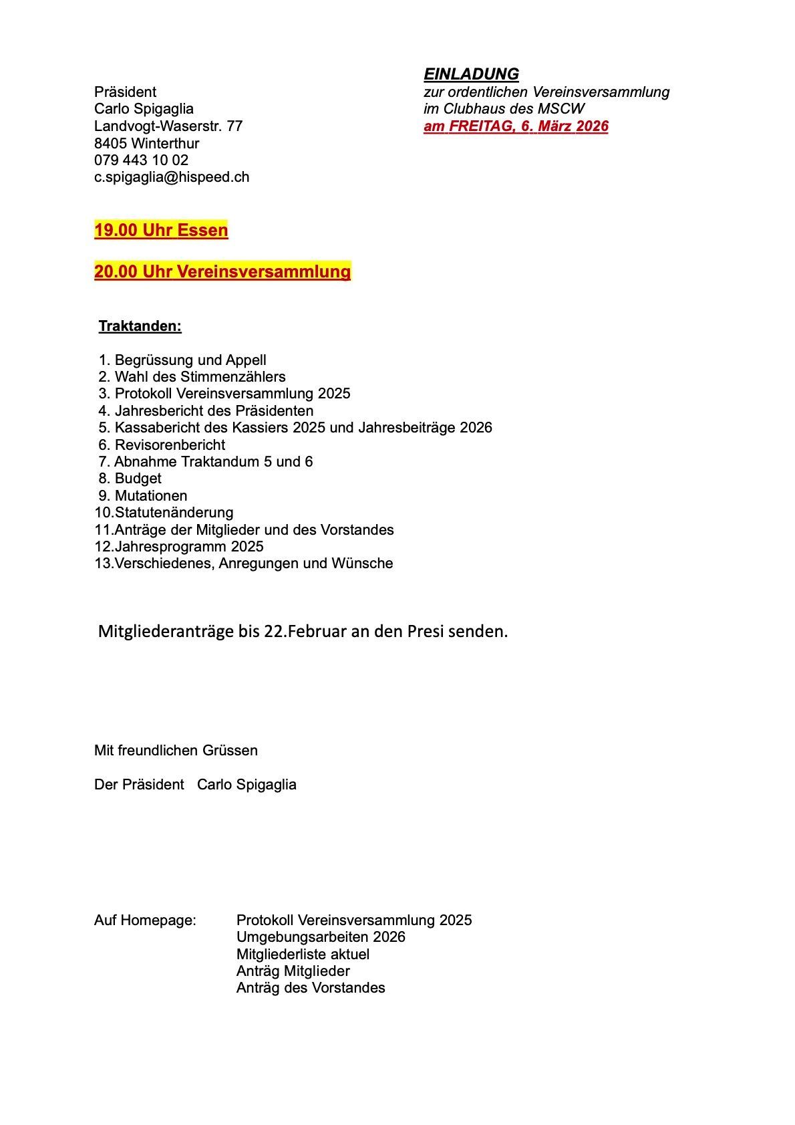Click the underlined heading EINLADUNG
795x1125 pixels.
[x=471, y=74]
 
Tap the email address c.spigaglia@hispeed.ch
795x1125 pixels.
[x=172, y=177]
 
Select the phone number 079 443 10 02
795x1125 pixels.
[x=141, y=160]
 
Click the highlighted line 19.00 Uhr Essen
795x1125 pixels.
[x=161, y=231]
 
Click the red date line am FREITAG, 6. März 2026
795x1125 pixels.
[x=516, y=126]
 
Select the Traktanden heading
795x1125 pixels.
[x=140, y=327]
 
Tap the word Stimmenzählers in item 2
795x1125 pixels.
[x=232, y=377]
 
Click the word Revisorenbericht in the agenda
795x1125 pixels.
[x=170, y=445]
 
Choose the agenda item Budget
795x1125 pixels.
[x=138, y=479]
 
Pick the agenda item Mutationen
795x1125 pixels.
[x=151, y=496]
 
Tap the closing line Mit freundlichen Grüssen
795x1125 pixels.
[x=176, y=751]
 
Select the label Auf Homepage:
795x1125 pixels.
[x=145, y=920]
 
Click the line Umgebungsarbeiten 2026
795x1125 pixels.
[x=321, y=937]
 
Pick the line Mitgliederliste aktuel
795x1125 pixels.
[x=303, y=955]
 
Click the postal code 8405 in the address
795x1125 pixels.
[x=110, y=144]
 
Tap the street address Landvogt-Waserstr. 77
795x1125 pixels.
[x=168, y=126]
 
